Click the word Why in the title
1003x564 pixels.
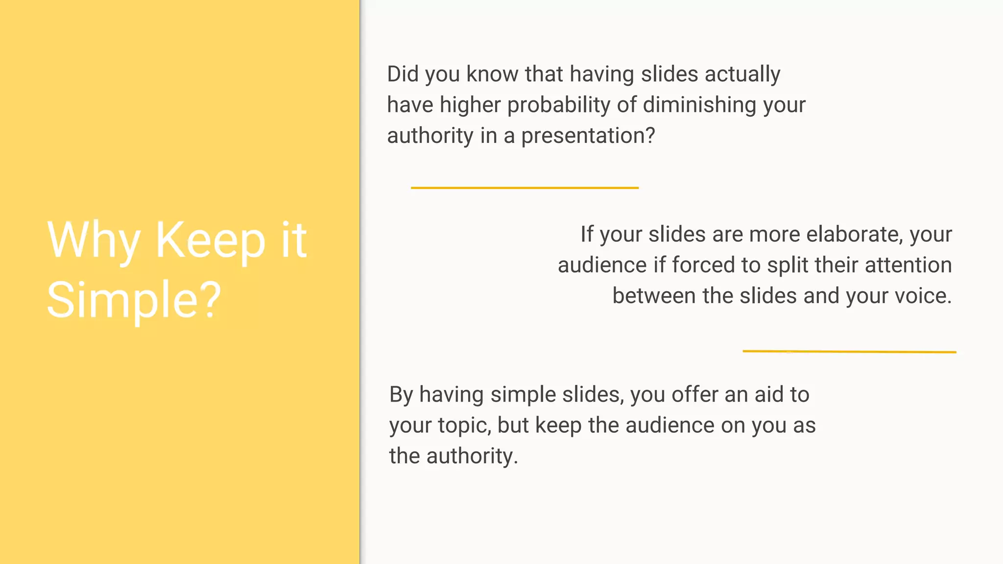[x=94, y=240]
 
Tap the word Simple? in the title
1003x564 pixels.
[x=134, y=300]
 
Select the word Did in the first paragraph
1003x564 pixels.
[x=403, y=74]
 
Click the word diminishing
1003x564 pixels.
[x=699, y=105]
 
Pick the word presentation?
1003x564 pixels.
[x=588, y=136]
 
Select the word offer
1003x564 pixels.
[x=694, y=395]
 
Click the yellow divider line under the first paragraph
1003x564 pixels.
[x=525, y=188]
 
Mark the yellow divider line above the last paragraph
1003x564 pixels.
[x=849, y=352]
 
